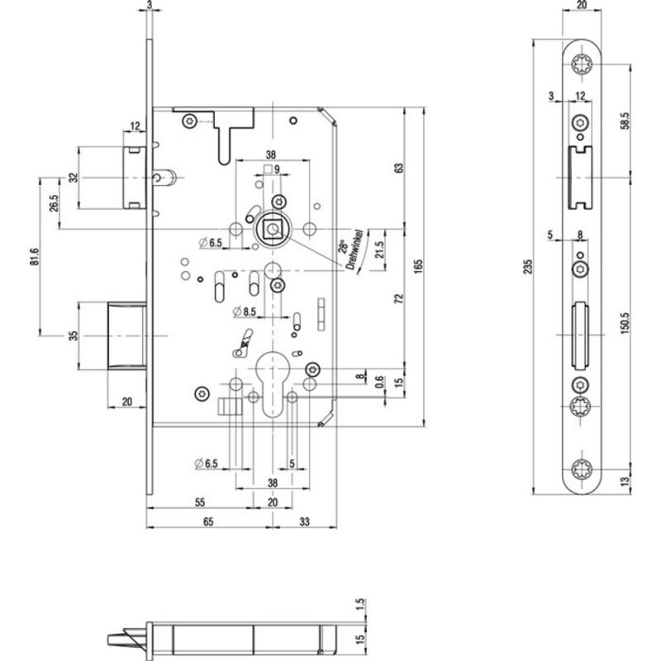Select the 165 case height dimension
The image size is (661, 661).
418,267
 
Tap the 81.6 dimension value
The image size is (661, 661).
35,257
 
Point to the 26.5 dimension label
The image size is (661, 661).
54,203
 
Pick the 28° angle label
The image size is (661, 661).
343,246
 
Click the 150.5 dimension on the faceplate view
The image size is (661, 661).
625,323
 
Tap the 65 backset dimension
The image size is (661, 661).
208,521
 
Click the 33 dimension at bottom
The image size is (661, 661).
304,521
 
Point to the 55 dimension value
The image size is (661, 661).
200,502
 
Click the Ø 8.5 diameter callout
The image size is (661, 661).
245,312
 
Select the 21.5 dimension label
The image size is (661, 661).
380,250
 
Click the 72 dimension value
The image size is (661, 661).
399,298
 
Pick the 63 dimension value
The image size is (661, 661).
399,168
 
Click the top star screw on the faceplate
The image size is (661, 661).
582,64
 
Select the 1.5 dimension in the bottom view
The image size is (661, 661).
360,604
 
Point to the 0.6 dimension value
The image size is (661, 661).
380,382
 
